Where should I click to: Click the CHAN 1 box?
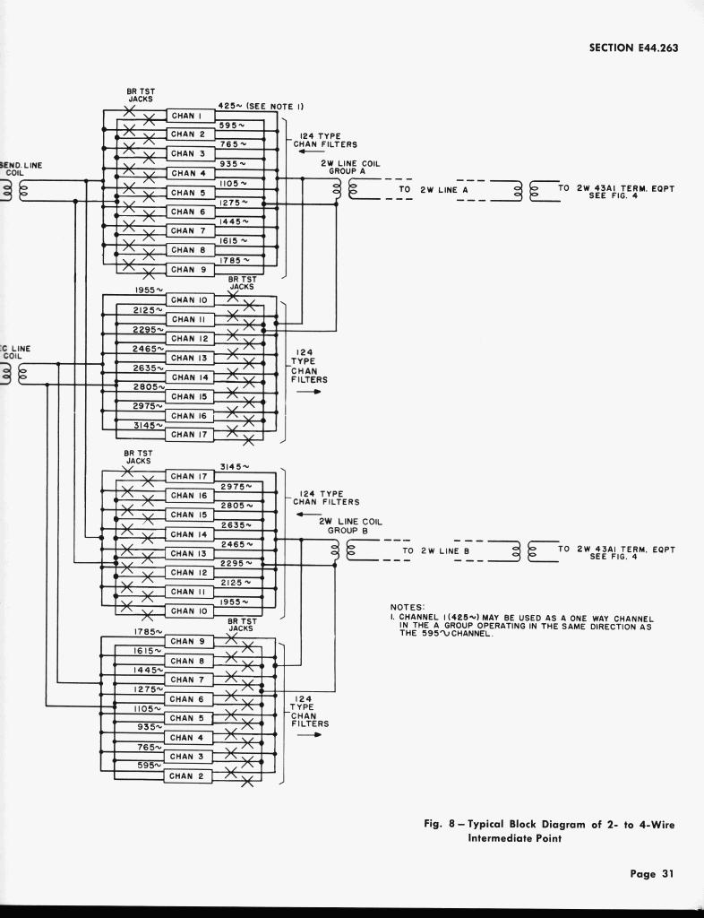pos(188,116)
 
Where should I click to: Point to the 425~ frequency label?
pos(232,106)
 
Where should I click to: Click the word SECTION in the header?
pos(614,48)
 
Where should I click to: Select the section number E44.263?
pos(659,48)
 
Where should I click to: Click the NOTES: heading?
pos(407,608)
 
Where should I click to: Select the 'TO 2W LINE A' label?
pos(434,190)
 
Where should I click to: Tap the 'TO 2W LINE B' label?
pos(436,550)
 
